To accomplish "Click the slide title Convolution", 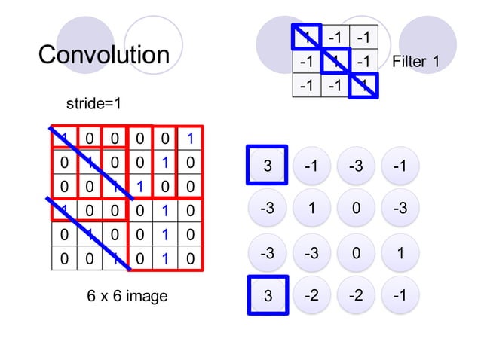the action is click(104, 55).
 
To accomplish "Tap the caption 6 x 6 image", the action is click(127, 297).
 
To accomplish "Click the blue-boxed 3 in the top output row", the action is click(267, 166).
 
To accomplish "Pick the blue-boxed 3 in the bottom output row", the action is click(267, 297).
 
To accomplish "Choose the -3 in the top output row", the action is click(356, 166).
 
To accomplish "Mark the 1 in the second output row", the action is click(311, 209).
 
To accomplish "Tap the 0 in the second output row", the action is click(356, 209).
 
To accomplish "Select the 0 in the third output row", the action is click(356, 253).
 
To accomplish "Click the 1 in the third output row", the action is click(400, 253).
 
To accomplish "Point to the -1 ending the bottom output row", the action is click(400, 297).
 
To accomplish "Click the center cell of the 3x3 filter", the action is click(335, 61).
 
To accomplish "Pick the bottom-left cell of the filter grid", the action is click(306, 84).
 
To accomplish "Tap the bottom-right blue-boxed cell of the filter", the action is click(364, 84).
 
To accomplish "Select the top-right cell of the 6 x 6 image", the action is click(191, 138).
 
